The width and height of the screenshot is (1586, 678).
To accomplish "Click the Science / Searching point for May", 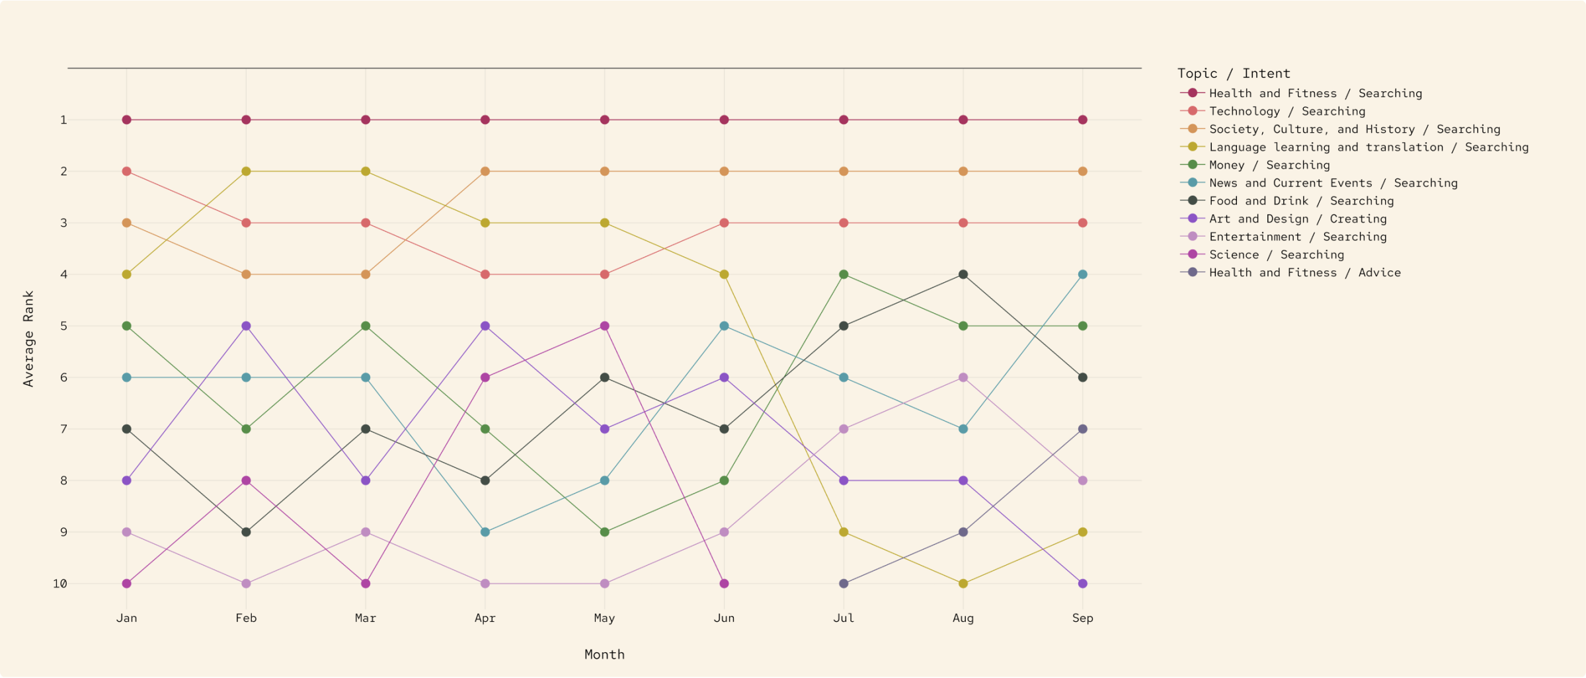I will pyautogui.click(x=604, y=326).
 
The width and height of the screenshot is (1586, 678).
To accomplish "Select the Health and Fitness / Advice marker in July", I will pyautogui.click(x=844, y=584).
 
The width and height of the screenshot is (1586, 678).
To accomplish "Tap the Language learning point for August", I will pyautogui.click(x=963, y=584).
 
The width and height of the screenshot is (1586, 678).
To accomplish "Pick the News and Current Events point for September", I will pyautogui.click(x=1082, y=274).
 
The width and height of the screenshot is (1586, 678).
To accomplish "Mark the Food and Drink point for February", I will pyautogui.click(x=246, y=532).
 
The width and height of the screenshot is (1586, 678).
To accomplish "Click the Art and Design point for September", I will pyautogui.click(x=1082, y=584).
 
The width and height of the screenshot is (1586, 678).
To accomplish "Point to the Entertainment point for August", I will pyautogui.click(x=963, y=377).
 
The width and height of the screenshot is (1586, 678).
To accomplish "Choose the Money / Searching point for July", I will pyautogui.click(x=844, y=274).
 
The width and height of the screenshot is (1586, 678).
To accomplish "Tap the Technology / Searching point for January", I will pyautogui.click(x=127, y=171).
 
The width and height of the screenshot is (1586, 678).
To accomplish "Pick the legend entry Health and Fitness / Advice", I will pyautogui.click(x=1304, y=272).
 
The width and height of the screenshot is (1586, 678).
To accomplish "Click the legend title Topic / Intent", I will pyautogui.click(x=1234, y=73).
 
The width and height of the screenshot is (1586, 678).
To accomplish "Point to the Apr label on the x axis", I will pyautogui.click(x=485, y=618).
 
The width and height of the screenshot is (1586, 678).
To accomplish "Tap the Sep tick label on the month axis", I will pyautogui.click(x=1082, y=618).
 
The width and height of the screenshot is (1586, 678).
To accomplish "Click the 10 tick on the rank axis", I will pyautogui.click(x=60, y=584).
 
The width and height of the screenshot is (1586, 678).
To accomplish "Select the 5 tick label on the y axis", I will pyautogui.click(x=63, y=326).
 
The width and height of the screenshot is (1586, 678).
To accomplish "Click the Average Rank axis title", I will pyautogui.click(x=28, y=338).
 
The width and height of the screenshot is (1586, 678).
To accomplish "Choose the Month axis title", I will pyautogui.click(x=604, y=654).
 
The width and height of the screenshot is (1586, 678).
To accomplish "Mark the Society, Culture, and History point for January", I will pyautogui.click(x=127, y=223).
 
